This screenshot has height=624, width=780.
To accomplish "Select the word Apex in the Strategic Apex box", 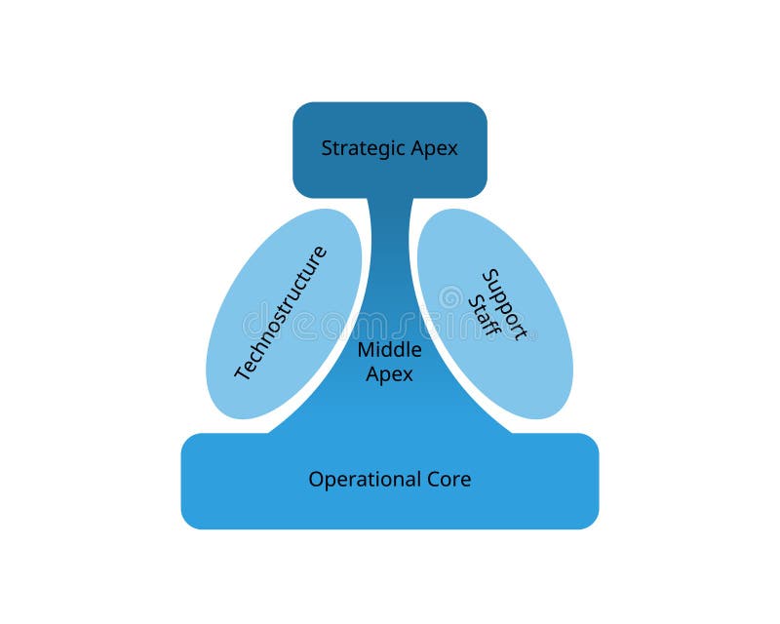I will [434, 149].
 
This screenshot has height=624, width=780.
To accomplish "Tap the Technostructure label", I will [281, 313].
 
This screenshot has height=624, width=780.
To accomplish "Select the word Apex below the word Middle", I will [389, 373].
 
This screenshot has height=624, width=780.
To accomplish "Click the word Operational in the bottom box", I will [365, 480].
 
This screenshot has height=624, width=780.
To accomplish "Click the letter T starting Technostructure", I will [243, 374].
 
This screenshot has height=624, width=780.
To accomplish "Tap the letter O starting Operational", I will [315, 480].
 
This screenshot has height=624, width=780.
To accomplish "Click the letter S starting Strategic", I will [327, 149].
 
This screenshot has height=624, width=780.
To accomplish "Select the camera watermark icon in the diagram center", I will [450, 296].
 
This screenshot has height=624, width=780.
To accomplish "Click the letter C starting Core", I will [433, 480].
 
